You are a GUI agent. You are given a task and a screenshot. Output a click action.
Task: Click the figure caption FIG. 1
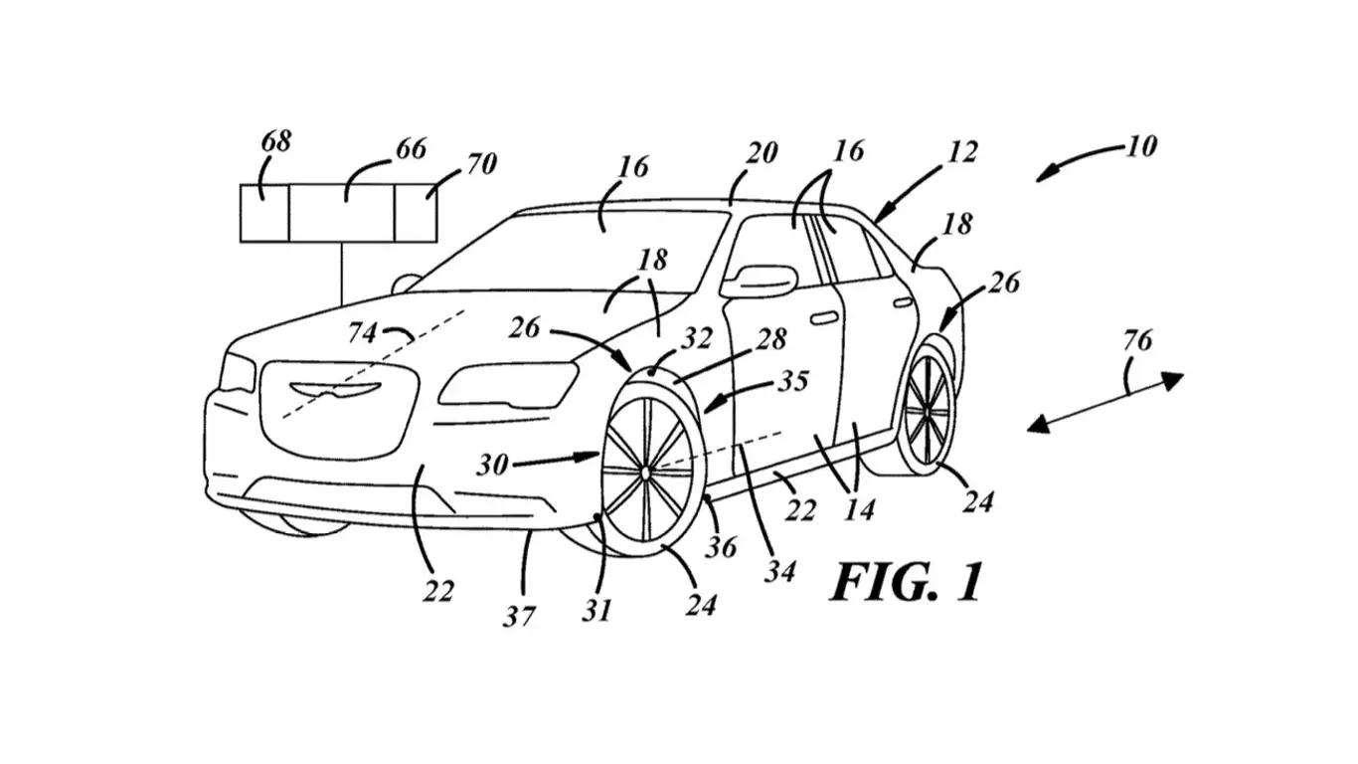coord(906,582)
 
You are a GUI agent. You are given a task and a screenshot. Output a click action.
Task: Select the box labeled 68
coord(263,212)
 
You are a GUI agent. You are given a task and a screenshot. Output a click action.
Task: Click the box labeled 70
coord(417,212)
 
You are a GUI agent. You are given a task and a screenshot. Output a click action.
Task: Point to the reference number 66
coord(410,149)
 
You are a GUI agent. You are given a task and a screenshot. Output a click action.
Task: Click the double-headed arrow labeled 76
coord(1104,402)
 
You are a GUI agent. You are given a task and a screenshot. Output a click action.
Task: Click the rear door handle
coord(902,301)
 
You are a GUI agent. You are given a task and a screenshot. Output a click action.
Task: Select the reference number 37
coord(517,617)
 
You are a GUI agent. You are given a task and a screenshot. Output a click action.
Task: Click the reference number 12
coord(962,152)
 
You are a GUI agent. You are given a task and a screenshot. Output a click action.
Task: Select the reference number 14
coord(859,509)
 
